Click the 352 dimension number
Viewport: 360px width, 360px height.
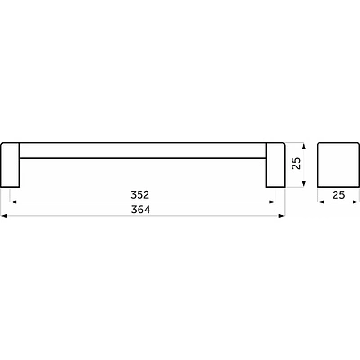click(x=140, y=195)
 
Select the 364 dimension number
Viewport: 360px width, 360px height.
click(x=140, y=210)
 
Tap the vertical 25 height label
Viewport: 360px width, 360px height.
click(x=296, y=164)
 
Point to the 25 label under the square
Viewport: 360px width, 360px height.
click(x=338, y=195)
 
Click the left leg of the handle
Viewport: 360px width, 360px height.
click(x=10, y=166)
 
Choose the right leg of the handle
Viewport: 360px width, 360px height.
click(x=275, y=166)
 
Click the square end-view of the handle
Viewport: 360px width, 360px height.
click(x=338, y=166)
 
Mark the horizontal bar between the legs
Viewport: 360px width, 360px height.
click(x=143, y=150)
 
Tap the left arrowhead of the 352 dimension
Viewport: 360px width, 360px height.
click(x=13, y=202)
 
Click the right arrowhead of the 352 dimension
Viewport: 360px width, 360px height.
click(x=273, y=202)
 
